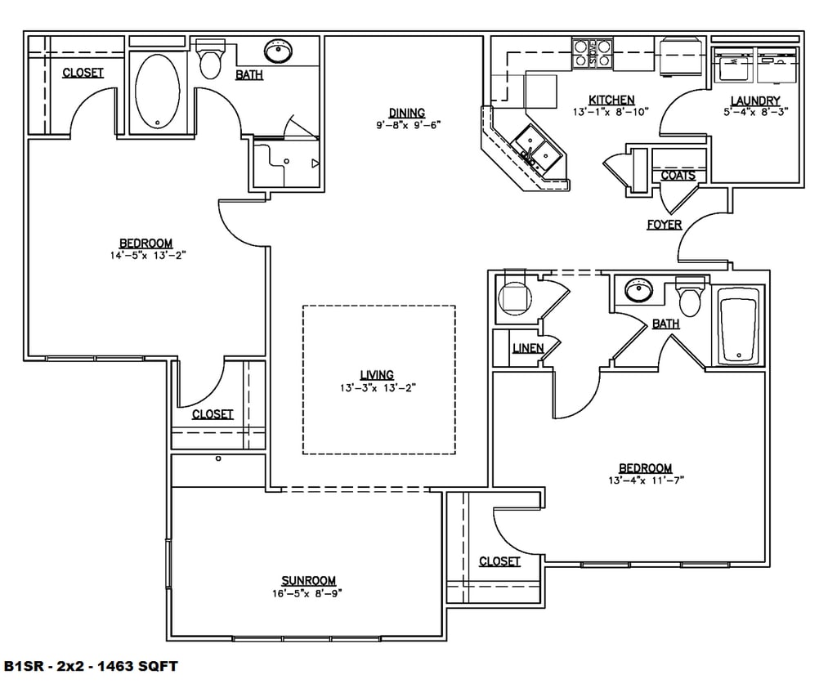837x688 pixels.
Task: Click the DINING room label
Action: tap(407, 113)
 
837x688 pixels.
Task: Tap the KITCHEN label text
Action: tap(611, 100)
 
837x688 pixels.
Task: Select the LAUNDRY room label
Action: tap(754, 101)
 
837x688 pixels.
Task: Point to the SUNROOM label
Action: tap(308, 581)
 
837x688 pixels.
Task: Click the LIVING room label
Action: tap(377, 375)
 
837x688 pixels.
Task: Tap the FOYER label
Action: tap(664, 224)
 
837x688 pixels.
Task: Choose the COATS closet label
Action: tap(678, 175)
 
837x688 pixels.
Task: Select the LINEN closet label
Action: tap(528, 348)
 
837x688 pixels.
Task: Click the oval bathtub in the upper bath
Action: tap(158, 92)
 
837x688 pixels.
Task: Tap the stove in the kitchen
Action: tap(593, 53)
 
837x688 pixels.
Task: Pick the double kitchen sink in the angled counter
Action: tap(536, 150)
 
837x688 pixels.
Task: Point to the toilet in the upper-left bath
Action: tap(210, 59)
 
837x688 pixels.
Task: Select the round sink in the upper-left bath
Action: tap(278, 51)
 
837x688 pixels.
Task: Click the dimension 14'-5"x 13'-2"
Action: tap(148, 256)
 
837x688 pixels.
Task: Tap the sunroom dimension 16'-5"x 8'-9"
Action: tap(307, 593)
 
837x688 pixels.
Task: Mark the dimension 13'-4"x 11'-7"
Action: tap(646, 480)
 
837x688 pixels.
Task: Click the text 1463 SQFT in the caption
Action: tap(137, 666)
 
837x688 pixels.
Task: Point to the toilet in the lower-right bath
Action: tap(690, 297)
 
